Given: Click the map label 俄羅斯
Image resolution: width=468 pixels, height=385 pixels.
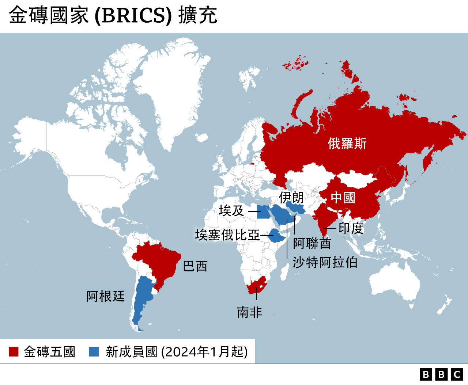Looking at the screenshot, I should [x=347, y=144].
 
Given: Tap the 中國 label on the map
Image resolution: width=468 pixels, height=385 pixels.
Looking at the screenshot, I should [x=343, y=198].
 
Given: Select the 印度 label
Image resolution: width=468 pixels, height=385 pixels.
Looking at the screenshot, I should [x=351, y=228].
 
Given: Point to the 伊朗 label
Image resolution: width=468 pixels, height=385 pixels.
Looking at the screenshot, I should [x=291, y=198].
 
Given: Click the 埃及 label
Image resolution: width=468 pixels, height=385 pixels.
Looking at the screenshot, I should [x=231, y=211].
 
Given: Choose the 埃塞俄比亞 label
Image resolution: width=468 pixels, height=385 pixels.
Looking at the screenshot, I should [x=227, y=235].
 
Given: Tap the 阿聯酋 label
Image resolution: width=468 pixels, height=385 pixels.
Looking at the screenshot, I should [x=312, y=243].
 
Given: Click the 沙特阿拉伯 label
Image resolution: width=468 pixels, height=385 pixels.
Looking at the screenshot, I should [x=325, y=262].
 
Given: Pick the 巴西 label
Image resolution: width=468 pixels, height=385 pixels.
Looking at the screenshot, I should [x=195, y=266].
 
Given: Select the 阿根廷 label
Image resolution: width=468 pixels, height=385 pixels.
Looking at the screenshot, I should [x=106, y=296].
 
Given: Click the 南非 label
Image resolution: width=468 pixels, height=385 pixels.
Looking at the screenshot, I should [x=249, y=312].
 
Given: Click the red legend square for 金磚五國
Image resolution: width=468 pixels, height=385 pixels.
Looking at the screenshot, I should [x=14, y=352].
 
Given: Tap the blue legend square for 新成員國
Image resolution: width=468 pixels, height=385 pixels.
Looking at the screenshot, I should [x=94, y=352].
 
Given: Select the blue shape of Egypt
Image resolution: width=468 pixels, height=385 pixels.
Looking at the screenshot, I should [x=263, y=212].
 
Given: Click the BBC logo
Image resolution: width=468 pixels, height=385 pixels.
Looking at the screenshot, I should [x=441, y=374].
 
